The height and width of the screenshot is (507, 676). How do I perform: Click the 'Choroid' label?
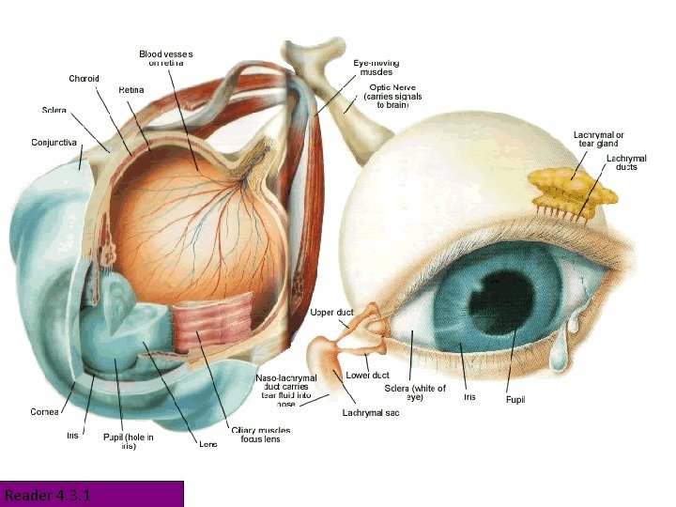click(x=84, y=79)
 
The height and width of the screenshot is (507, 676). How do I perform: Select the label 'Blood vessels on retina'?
click(x=166, y=58)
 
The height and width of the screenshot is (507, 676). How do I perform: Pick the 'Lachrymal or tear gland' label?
click(x=598, y=139)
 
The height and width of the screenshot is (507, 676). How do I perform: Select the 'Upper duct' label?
click(x=330, y=312)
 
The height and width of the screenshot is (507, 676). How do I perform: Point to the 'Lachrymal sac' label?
click(x=371, y=413)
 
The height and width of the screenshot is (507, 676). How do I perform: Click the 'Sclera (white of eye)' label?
click(x=415, y=392)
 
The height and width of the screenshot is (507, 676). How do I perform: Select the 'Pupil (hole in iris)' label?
click(x=128, y=441)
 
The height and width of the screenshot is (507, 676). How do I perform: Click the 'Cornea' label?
click(x=44, y=411)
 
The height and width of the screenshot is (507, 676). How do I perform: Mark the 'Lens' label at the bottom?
click(x=207, y=444)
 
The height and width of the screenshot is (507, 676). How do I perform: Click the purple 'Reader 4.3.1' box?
click(x=92, y=494)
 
